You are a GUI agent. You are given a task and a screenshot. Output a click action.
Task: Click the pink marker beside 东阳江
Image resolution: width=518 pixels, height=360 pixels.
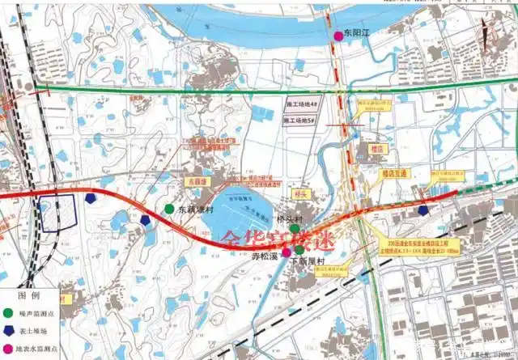tap(338, 36)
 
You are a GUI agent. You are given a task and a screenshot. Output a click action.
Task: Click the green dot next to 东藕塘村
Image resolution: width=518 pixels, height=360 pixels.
tap(169, 209)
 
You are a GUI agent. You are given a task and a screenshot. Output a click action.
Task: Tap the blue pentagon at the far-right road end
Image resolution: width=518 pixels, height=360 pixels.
tap(424, 210)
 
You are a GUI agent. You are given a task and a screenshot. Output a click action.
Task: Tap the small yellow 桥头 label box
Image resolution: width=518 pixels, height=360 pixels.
tap(301, 194)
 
